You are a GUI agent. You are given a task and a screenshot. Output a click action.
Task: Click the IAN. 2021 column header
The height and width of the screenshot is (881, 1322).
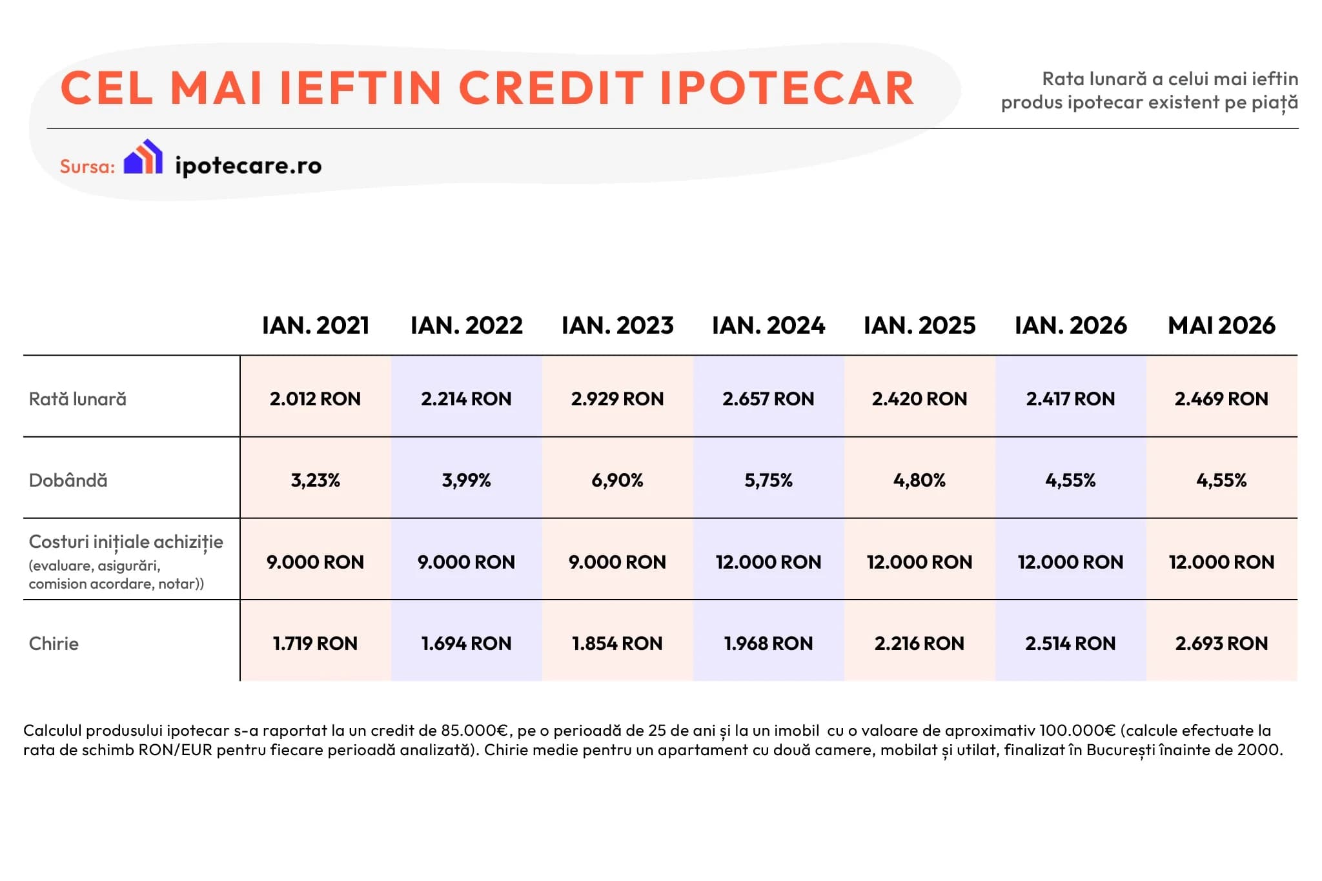[x=316, y=325]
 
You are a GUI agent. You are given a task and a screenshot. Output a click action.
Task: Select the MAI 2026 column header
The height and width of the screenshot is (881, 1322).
[x=1221, y=325]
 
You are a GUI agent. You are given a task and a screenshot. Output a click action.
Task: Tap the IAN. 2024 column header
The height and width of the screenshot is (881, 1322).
[x=768, y=325]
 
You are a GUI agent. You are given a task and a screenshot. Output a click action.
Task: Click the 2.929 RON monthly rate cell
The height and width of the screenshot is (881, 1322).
[x=617, y=399]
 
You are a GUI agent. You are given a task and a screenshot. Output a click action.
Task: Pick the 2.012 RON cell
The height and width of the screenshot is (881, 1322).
[x=315, y=399]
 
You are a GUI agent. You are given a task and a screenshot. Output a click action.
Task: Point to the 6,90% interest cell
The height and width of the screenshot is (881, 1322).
[x=617, y=480]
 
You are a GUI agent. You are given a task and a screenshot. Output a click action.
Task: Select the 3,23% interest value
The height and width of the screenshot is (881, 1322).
[x=315, y=480]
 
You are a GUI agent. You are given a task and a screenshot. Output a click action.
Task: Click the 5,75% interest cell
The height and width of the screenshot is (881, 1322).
[x=768, y=480]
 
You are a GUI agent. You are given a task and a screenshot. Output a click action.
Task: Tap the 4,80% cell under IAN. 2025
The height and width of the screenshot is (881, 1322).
[x=919, y=480]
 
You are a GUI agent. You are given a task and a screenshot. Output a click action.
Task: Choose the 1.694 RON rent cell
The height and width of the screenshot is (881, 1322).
[x=466, y=643]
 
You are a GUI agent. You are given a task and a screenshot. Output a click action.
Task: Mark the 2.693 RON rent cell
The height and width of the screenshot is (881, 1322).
[x=1221, y=643]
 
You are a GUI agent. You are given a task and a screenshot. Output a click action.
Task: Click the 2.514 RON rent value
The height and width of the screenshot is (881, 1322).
[x=1070, y=643]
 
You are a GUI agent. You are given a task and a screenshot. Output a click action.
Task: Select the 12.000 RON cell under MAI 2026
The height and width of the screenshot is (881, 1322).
[x=1221, y=562]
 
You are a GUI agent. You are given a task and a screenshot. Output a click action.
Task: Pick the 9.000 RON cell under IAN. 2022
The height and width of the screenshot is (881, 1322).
[x=466, y=562]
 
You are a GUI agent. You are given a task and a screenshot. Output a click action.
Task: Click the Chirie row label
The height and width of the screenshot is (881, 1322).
[x=54, y=643]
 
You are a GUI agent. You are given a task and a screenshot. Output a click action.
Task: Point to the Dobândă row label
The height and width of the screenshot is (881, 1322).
[x=68, y=480]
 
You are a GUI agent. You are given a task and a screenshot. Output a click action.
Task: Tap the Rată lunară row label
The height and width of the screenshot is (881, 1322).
[x=77, y=399]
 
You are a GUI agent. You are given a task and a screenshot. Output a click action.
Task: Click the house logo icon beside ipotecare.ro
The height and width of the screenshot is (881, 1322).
[x=143, y=157]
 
